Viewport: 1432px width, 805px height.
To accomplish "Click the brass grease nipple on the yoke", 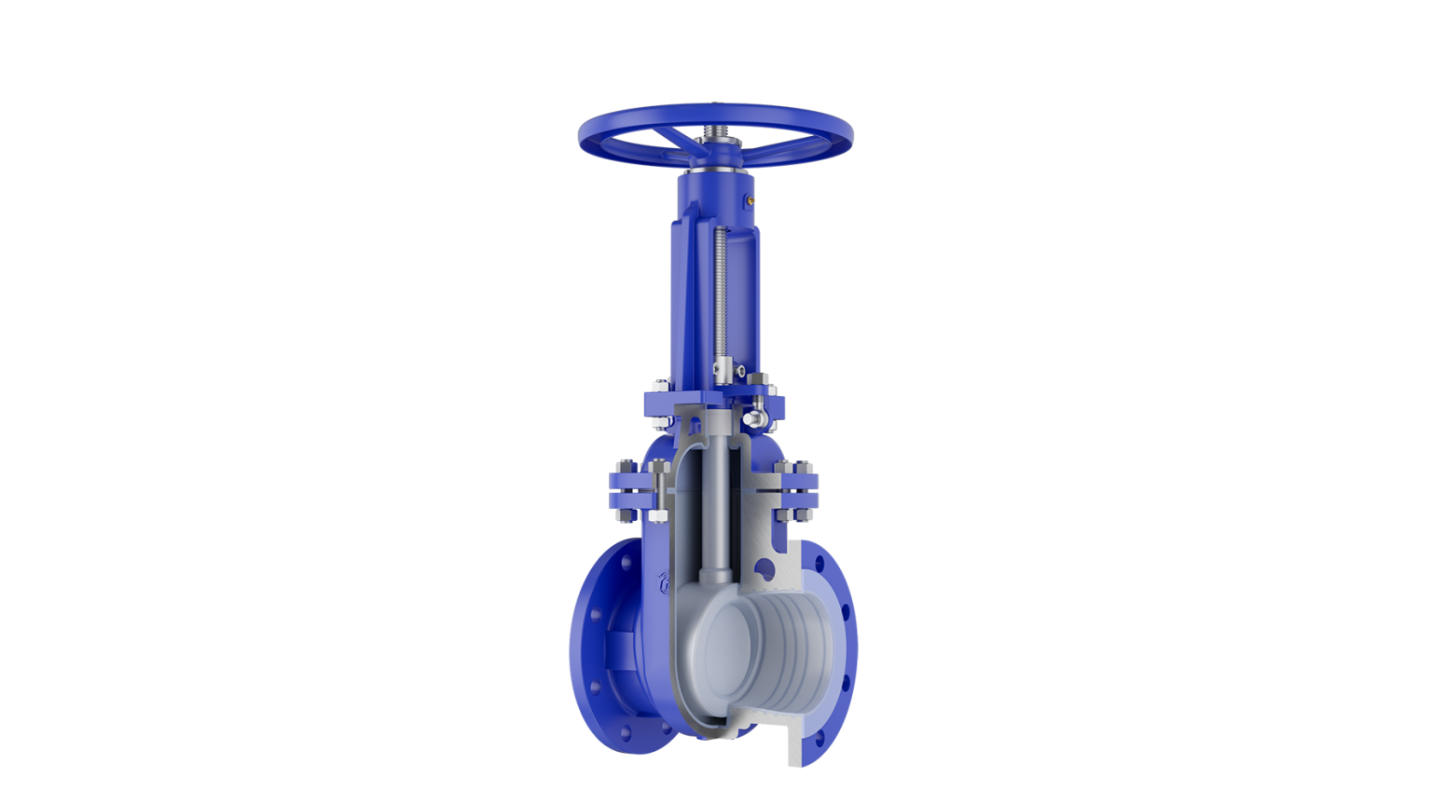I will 749,198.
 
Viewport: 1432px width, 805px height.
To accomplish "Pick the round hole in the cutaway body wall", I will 765,567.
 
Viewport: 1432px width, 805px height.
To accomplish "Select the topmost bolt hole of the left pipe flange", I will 626,562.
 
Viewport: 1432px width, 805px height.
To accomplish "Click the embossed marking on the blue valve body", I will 665,583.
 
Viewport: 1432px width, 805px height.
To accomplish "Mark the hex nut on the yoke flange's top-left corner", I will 657,384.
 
